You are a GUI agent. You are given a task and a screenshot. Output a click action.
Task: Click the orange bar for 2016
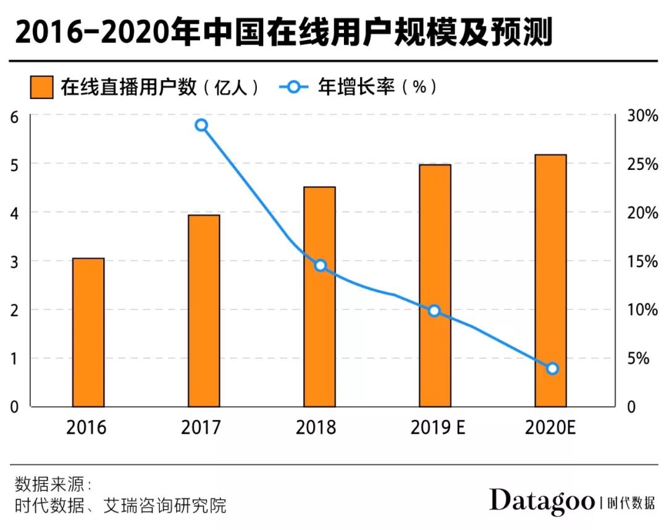point(88,332)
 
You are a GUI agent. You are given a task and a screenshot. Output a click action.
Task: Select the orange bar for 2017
point(204,311)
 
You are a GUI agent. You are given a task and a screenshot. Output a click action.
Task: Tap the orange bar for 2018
point(319,297)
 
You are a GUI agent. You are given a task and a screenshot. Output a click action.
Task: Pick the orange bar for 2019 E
point(435,285)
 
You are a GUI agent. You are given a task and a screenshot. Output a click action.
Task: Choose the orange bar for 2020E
point(550,280)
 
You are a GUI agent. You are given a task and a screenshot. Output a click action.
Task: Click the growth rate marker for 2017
point(201,125)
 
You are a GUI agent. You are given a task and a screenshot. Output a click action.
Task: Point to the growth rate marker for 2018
point(320,266)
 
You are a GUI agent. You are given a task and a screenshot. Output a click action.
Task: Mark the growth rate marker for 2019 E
point(434,311)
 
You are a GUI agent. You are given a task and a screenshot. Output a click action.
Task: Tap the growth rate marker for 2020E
point(552,369)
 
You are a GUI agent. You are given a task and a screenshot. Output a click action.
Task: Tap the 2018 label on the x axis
point(316,427)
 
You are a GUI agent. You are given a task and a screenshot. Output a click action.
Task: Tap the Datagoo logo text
point(542,501)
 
